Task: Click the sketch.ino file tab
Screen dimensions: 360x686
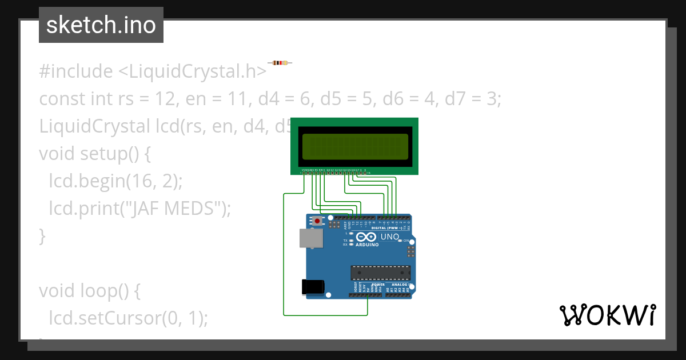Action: [101, 25]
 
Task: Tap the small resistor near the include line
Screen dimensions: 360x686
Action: [280, 63]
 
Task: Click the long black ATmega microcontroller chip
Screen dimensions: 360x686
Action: [380, 274]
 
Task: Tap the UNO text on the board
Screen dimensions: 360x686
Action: [390, 237]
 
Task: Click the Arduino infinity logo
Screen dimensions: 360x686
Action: [366, 237]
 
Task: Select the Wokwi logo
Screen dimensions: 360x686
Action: [607, 315]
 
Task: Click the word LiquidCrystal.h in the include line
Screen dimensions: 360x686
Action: [192, 71]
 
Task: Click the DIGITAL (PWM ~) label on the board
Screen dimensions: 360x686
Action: [387, 228]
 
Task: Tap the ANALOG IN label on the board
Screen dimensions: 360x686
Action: [401, 284]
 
